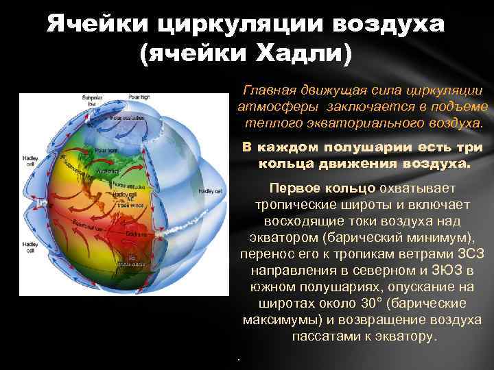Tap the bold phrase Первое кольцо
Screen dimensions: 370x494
(x=322, y=188)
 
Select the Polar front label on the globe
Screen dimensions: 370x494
(x=107, y=150)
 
